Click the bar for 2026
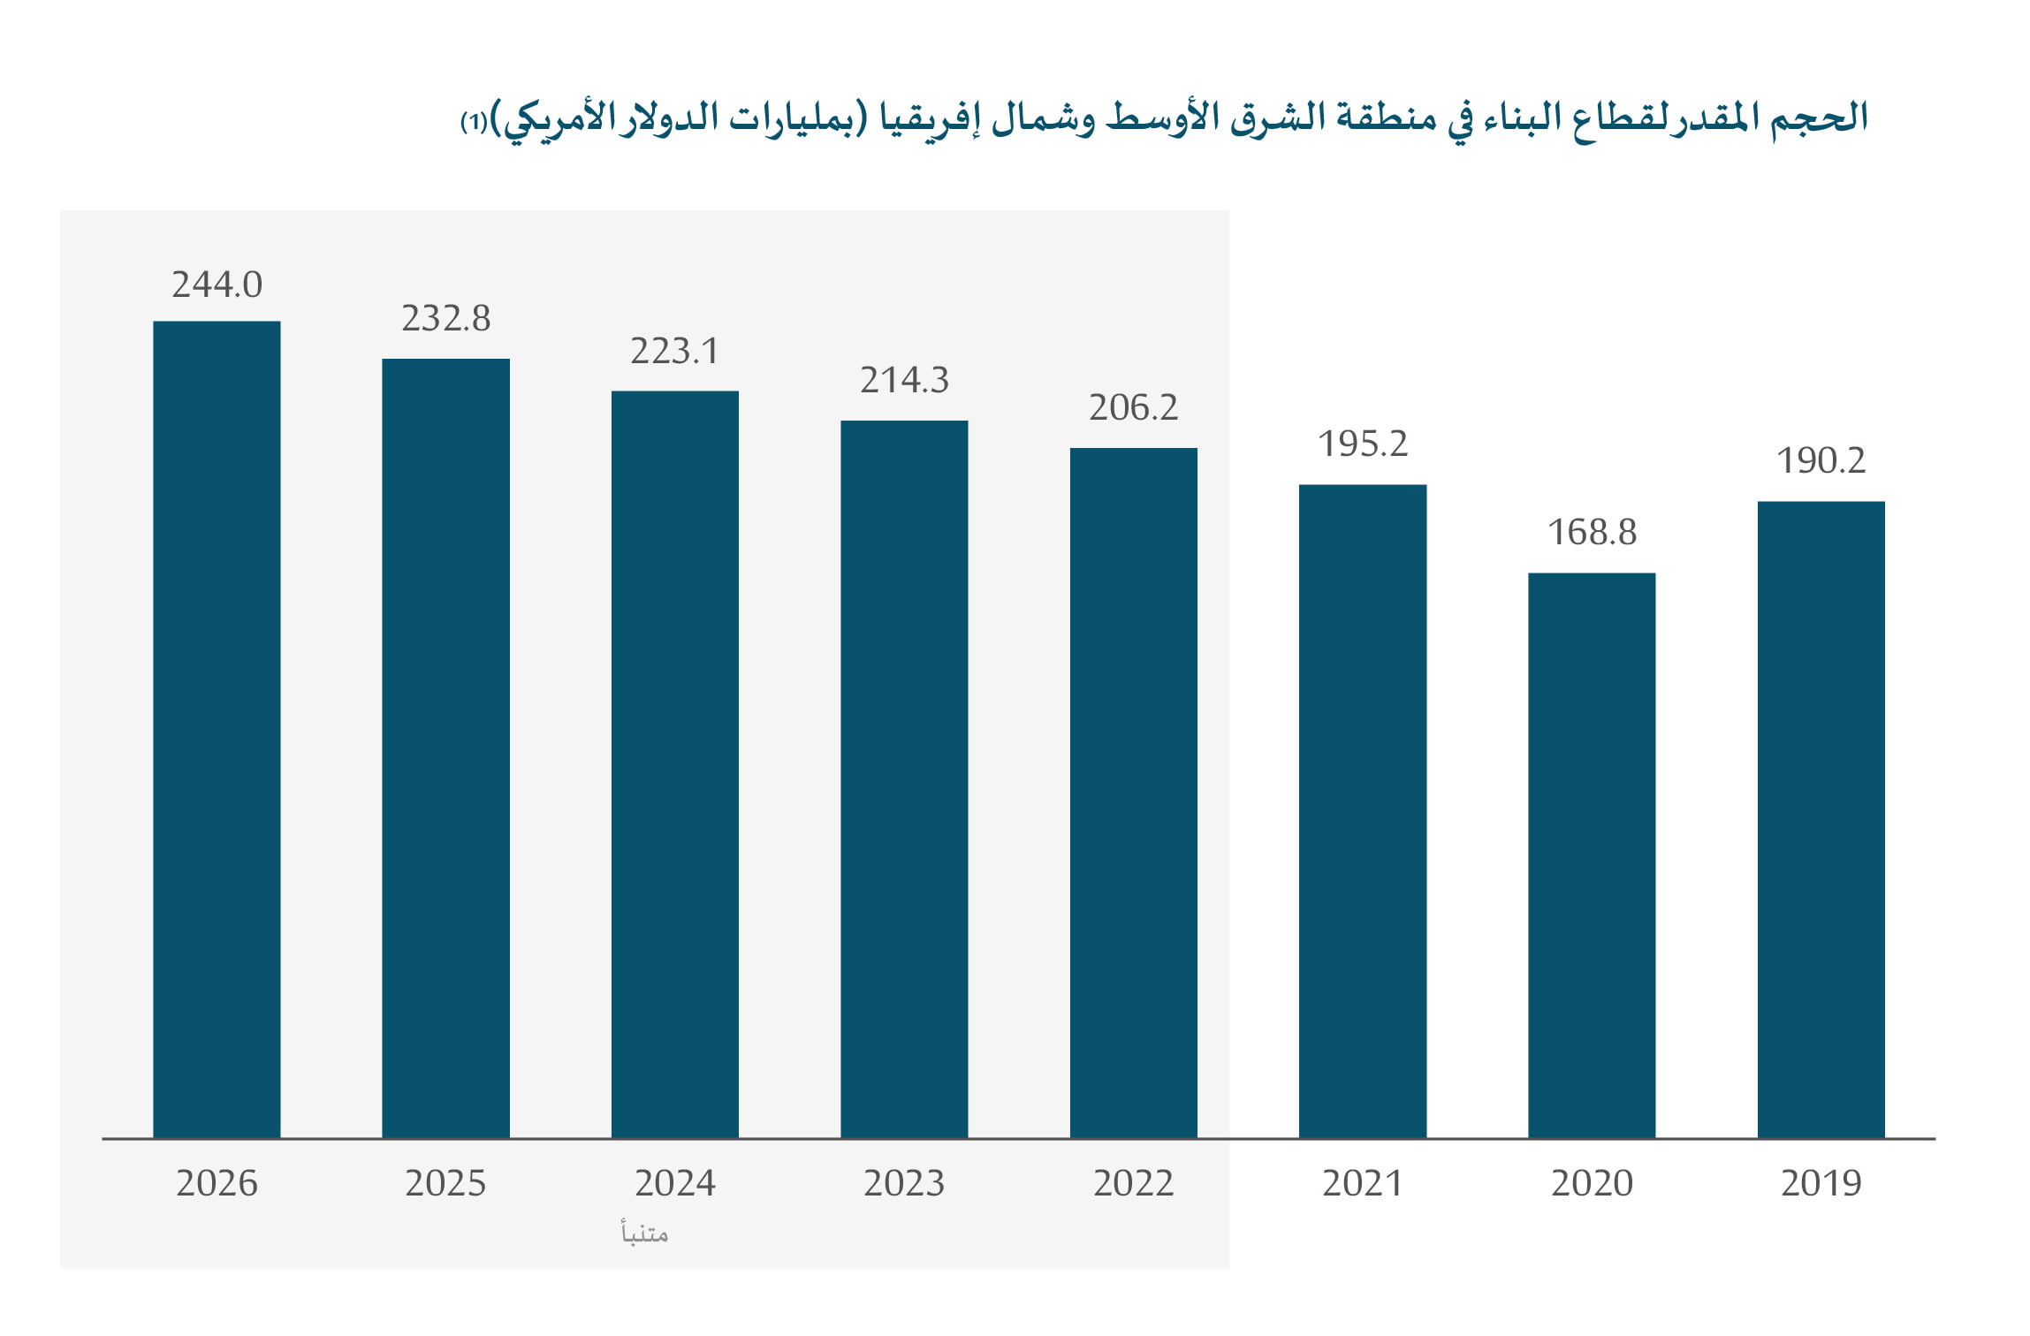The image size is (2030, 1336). (x=217, y=729)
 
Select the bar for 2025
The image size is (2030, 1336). (x=445, y=748)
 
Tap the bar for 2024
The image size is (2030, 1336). (x=675, y=764)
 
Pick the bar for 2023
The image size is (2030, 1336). (x=904, y=778)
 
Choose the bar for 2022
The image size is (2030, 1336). (x=1133, y=793)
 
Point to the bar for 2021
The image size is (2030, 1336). (x=1362, y=811)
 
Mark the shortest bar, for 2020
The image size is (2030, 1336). (x=1592, y=855)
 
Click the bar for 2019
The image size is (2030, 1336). (x=1821, y=819)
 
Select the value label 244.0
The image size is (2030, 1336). (x=217, y=285)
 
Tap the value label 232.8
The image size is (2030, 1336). (x=445, y=318)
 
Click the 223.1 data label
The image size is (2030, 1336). (x=675, y=351)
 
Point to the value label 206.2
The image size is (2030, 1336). (x=1133, y=407)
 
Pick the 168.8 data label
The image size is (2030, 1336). (x=1592, y=532)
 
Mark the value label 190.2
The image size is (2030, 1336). (x=1821, y=460)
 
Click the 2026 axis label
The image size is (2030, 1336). (x=217, y=1183)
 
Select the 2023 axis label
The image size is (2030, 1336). (x=904, y=1183)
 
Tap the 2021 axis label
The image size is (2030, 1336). (x=1362, y=1183)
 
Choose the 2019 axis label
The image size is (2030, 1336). (x=1821, y=1183)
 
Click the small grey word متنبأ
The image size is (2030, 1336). (x=644, y=1233)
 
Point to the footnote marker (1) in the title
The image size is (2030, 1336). (x=475, y=122)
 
